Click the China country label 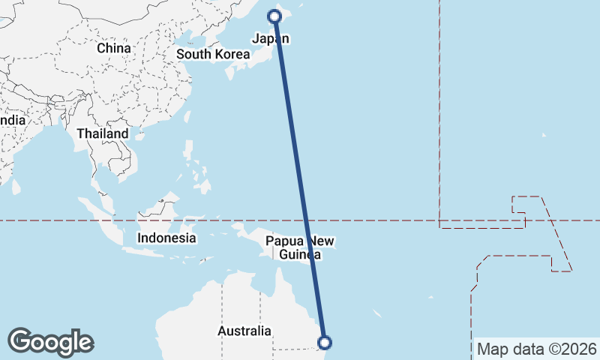114,48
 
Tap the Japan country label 271,39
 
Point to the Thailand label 102,133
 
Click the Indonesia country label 166,238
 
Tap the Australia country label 244,331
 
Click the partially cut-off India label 12,120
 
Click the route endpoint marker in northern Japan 275,16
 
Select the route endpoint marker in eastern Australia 325,343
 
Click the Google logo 50,342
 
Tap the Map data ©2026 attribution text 536,349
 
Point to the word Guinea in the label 300,255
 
